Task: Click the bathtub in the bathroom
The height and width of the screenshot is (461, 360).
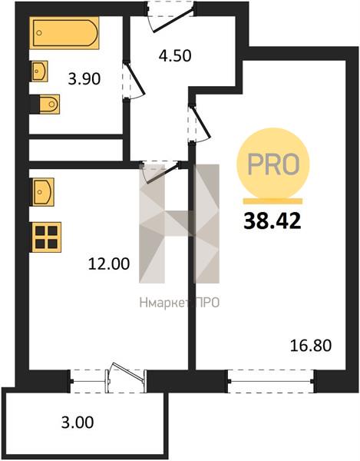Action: pyautogui.click(x=64, y=32)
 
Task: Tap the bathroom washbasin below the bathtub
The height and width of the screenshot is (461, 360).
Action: pyautogui.click(x=39, y=71)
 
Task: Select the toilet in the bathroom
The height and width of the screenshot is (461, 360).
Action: pyautogui.click(x=45, y=104)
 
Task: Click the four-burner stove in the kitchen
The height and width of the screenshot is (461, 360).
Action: pyautogui.click(x=46, y=237)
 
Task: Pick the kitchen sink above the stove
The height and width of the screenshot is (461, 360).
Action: pyautogui.click(x=42, y=192)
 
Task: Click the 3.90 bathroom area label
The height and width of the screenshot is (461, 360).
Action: pyautogui.click(x=84, y=79)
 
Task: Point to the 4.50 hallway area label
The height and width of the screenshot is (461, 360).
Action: pyautogui.click(x=175, y=55)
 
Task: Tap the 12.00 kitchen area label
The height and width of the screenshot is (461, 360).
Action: pyautogui.click(x=109, y=264)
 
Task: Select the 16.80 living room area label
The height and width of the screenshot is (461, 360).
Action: pyautogui.click(x=311, y=346)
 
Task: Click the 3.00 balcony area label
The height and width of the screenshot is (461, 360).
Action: pyautogui.click(x=78, y=422)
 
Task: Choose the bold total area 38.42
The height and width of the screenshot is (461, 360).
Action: pyautogui.click(x=272, y=221)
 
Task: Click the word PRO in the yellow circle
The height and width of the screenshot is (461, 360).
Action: pyautogui.click(x=273, y=164)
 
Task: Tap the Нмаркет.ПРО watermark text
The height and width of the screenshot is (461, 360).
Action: pyautogui.click(x=180, y=303)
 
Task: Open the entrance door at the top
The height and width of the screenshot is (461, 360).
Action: pyautogui.click(x=170, y=16)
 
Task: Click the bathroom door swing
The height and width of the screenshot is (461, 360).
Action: pyautogui.click(x=134, y=80)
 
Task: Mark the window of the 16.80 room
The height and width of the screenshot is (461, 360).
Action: pyautogui.click(x=271, y=381)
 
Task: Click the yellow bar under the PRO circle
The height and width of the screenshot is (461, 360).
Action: pyautogui.click(x=272, y=201)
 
